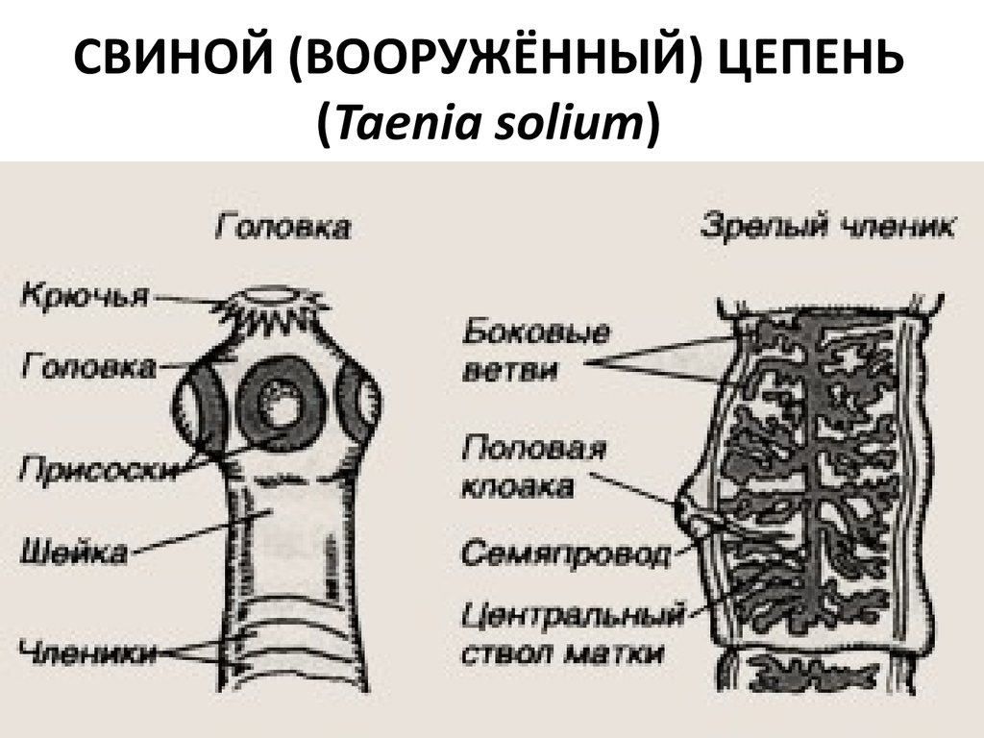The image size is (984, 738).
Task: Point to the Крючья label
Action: (x=84, y=295)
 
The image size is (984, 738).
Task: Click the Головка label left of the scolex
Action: (x=88, y=366)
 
